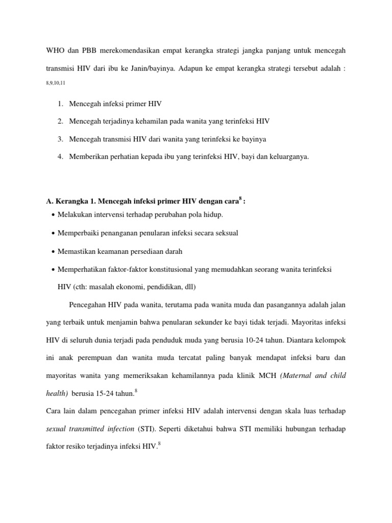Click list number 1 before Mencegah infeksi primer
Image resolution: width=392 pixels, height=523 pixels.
pyautogui.click(x=60, y=104)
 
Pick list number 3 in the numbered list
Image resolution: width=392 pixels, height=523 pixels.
pyautogui.click(x=60, y=138)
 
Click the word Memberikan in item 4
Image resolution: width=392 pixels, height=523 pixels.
pyautogui.click(x=89, y=156)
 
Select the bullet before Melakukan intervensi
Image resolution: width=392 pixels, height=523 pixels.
pyautogui.click(x=54, y=215)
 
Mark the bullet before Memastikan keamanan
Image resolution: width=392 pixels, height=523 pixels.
pyautogui.click(x=54, y=252)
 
